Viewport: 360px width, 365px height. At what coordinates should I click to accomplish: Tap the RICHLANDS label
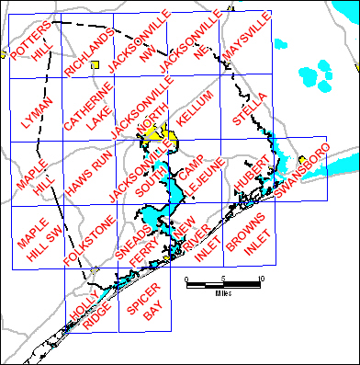coord(90,52)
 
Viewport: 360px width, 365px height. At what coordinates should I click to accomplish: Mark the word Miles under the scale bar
coord(223,293)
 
